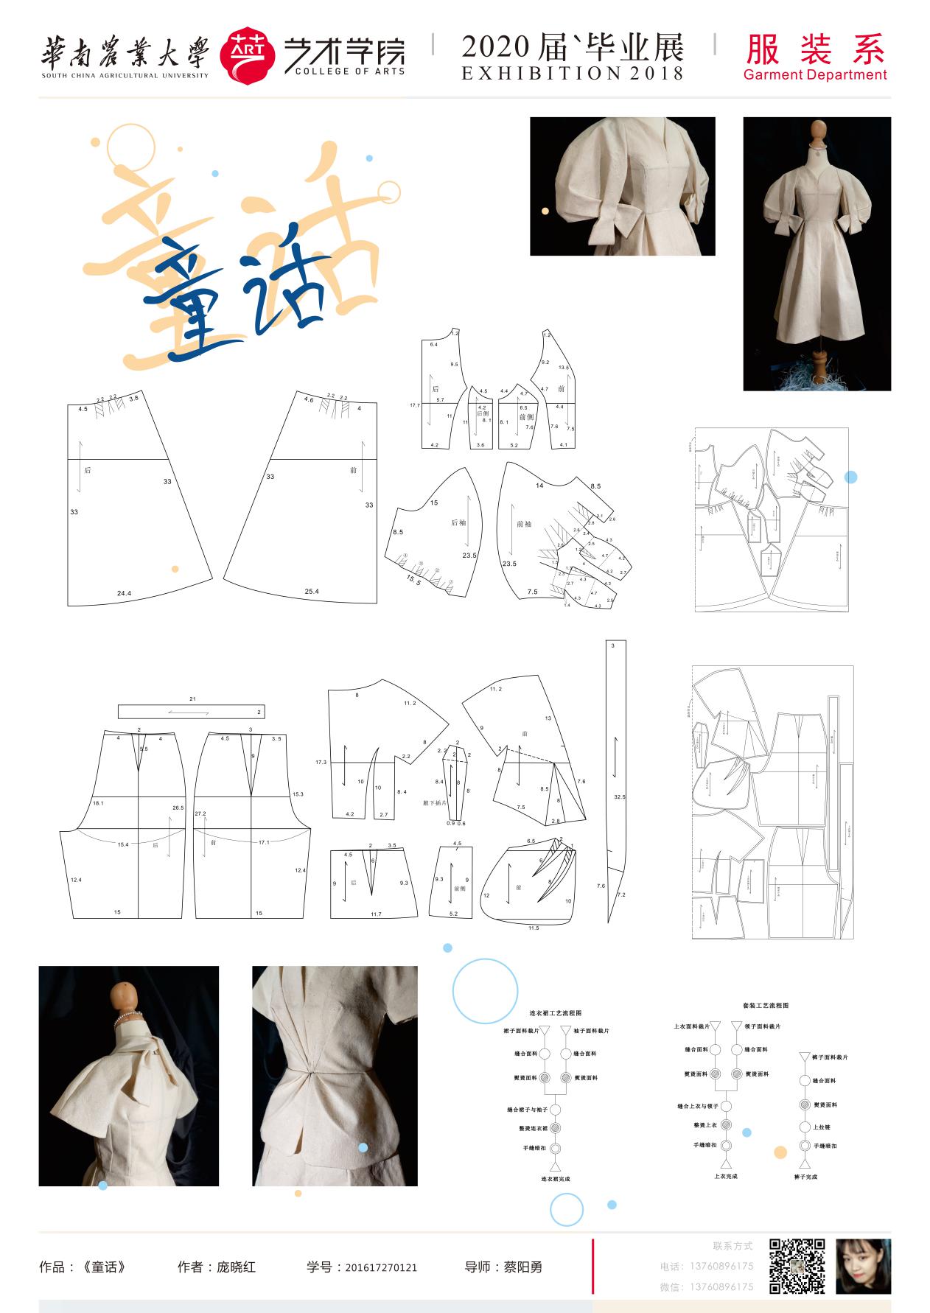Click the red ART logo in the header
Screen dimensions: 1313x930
tap(248, 55)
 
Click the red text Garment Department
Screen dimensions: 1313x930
tap(814, 74)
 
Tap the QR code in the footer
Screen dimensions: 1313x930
tap(797, 1266)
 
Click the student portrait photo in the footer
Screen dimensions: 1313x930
tap(863, 1266)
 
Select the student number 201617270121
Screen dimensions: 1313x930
tap(380, 1267)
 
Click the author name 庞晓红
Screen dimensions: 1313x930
tap(236, 1267)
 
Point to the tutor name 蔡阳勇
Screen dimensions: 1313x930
tap(522, 1267)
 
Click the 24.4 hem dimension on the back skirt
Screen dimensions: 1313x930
tap(124, 593)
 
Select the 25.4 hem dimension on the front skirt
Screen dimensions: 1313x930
tap(312, 591)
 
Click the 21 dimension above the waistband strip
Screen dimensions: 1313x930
tap(192, 698)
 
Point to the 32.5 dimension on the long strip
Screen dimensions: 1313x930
tap(619, 796)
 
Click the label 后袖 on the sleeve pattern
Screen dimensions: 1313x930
tap(458, 522)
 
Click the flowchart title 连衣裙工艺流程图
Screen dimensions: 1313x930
tap(555, 1013)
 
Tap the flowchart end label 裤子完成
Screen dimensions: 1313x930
tap(805, 1177)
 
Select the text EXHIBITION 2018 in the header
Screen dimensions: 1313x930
tap(573, 73)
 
